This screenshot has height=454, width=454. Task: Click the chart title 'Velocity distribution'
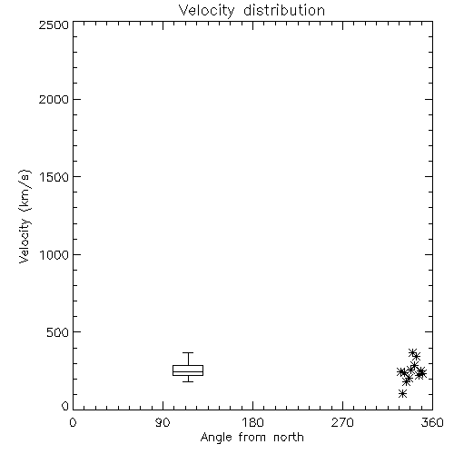pos(252,10)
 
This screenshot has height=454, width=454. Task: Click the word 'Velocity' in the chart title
pos(206,11)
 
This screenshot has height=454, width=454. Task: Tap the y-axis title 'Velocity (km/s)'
pos(25,216)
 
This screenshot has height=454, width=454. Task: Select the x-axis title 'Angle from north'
pos(252,437)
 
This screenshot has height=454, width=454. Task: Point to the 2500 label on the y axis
pos(54,25)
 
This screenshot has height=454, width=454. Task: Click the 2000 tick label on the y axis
pos(54,99)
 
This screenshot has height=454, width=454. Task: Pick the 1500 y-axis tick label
pos(54,177)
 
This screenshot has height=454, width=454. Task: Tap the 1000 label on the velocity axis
pos(54,254)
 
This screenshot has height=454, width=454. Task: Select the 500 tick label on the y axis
pos(58,332)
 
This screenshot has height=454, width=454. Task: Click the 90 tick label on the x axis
pos(163,422)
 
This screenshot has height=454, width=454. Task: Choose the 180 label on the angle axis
pos(252,422)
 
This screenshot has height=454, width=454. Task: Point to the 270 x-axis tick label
pos(342,422)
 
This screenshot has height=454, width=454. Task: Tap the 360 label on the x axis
pos(432,422)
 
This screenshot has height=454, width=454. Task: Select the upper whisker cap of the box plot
pos(188,352)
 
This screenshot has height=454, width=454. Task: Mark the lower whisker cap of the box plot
pos(188,381)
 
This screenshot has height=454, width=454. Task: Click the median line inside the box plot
pos(188,371)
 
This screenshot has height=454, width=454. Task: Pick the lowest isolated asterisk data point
pos(402,393)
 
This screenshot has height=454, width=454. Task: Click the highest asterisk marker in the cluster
pos(412,352)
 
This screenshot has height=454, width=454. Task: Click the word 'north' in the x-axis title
pos(289,437)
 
